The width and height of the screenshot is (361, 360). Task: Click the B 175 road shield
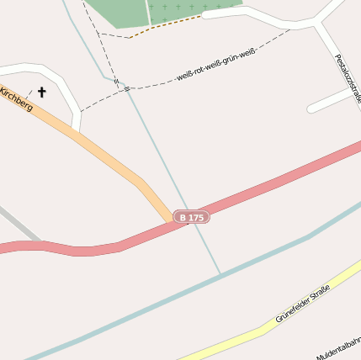pos(191,218)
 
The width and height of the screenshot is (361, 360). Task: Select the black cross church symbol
pos(41,93)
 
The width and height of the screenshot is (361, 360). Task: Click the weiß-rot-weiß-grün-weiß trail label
pos(215,66)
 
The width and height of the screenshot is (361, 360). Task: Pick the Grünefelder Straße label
pos(302,304)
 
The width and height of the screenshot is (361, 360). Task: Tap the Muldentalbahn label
pos(340,345)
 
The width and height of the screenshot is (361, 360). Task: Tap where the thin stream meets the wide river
pos(221,274)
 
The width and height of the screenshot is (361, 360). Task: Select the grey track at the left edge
pos(17,224)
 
